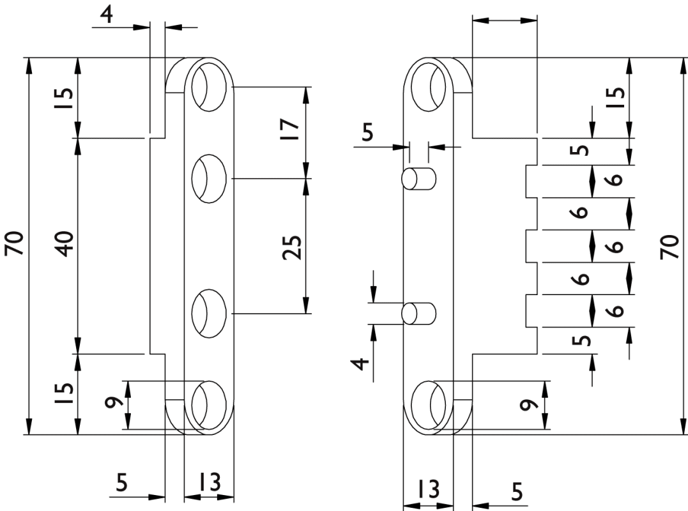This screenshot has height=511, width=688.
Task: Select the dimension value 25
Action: [x=291, y=246]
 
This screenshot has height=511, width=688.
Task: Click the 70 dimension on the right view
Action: [x=671, y=246]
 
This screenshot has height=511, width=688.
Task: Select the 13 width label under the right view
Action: [x=429, y=489]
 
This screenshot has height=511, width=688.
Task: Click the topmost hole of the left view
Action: [x=210, y=85]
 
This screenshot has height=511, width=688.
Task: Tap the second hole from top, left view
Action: [x=210, y=179]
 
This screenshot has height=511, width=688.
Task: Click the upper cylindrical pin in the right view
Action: [x=418, y=178]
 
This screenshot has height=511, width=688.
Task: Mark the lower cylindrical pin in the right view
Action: [x=418, y=314]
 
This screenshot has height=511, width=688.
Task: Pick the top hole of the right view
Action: [x=429, y=85]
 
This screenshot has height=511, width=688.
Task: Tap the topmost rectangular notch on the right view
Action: [x=533, y=182]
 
